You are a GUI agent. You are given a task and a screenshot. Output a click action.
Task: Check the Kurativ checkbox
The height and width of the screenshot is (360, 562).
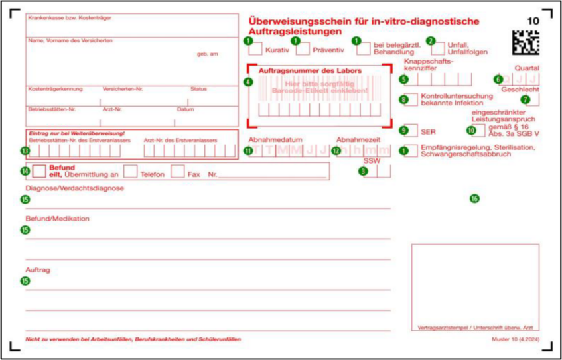[255, 48]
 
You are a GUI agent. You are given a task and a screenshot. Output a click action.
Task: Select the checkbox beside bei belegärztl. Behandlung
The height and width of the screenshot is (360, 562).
[364, 48]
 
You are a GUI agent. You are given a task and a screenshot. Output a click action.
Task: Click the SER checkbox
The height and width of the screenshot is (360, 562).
[410, 131]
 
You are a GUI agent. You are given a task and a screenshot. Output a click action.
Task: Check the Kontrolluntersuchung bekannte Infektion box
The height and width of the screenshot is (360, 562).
[410, 99]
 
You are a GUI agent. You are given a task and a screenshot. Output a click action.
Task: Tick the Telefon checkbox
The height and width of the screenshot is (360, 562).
[130, 171]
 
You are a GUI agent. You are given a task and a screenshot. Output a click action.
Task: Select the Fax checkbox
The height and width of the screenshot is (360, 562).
[177, 171]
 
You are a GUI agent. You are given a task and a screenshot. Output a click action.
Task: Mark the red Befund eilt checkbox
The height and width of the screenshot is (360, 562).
[39, 171]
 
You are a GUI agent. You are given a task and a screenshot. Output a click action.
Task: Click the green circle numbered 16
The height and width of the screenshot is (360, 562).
[474, 198]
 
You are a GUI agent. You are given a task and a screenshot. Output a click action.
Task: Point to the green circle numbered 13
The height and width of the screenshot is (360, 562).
[25, 150]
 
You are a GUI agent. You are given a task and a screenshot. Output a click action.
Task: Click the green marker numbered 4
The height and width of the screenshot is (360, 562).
[248, 82]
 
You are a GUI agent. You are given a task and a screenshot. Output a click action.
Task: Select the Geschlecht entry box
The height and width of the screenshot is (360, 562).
[530, 99]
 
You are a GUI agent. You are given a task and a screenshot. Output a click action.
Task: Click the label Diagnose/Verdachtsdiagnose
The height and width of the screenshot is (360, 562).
[66, 188]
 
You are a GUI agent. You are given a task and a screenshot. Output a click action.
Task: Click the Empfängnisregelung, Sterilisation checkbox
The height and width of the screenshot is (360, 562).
[410, 150]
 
